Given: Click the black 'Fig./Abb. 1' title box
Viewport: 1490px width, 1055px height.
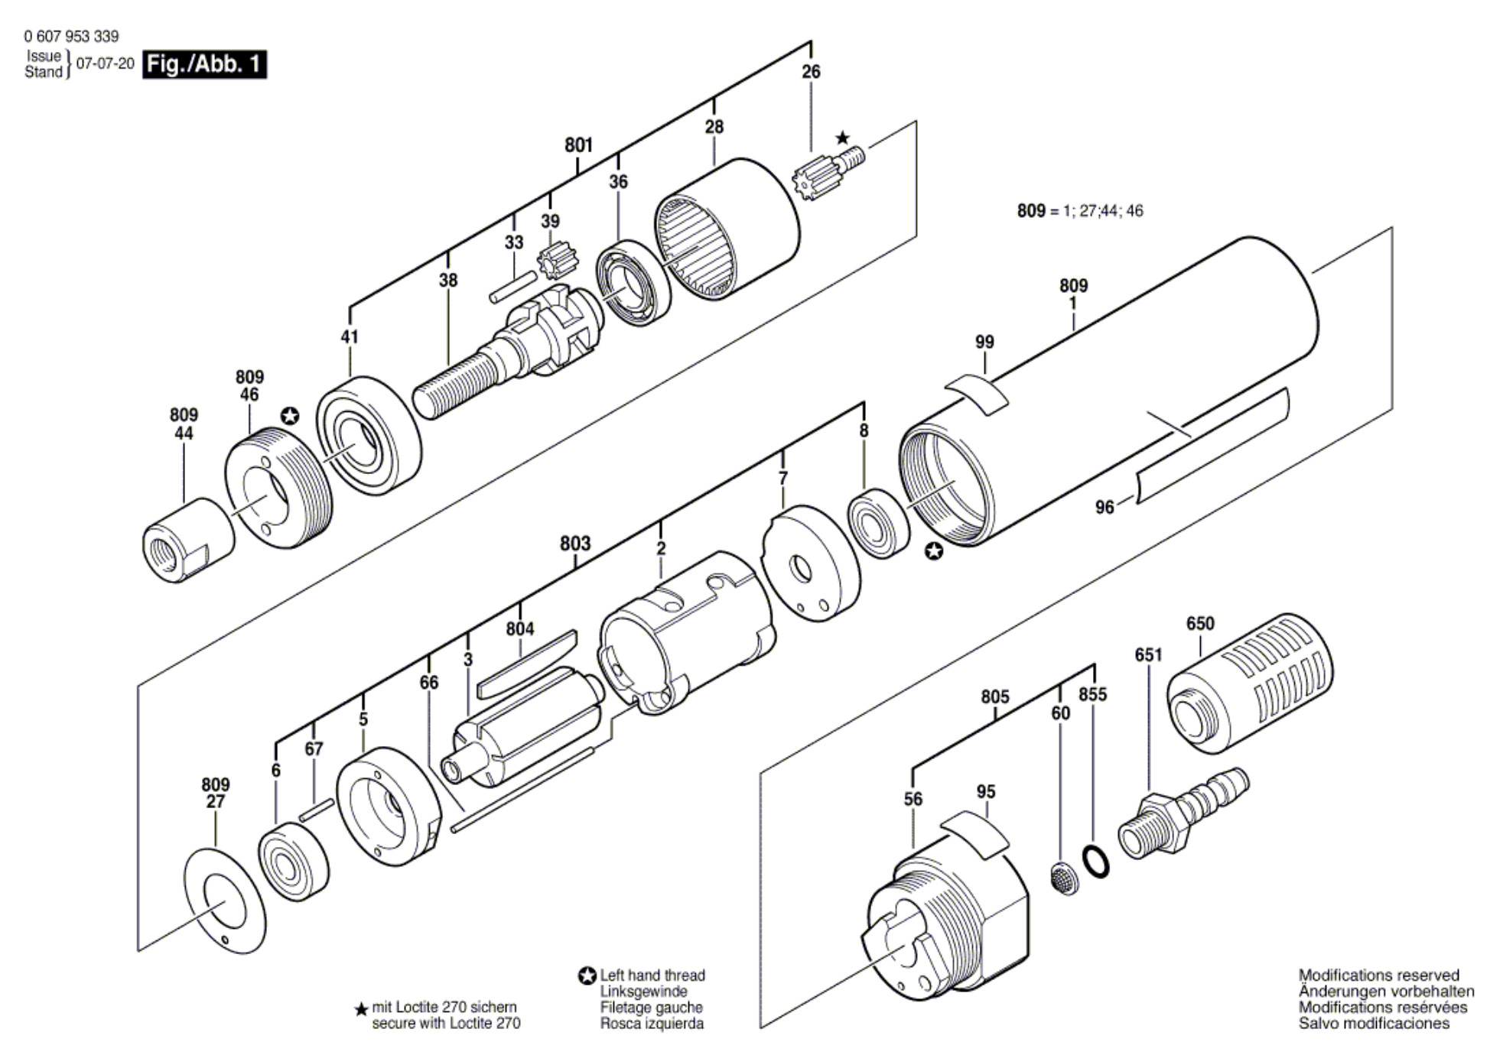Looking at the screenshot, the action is (x=204, y=63).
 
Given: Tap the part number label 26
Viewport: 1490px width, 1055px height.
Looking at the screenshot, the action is (x=811, y=72).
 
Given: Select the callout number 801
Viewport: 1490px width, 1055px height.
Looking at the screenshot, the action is (x=578, y=145).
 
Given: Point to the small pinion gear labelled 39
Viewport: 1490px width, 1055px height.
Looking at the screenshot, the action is (x=557, y=260).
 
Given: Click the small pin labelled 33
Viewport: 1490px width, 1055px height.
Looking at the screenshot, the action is (x=513, y=287).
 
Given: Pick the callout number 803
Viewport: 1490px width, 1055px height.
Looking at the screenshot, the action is (x=575, y=544).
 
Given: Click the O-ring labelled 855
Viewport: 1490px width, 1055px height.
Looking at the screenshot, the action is (x=1097, y=862).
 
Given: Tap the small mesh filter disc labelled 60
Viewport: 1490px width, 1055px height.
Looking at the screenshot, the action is (x=1063, y=879).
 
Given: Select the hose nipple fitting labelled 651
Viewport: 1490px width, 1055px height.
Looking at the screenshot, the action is (x=1183, y=814).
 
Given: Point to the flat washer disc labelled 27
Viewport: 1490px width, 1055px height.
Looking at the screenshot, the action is (x=225, y=901).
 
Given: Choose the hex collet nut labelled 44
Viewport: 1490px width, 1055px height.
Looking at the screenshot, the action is (x=188, y=540).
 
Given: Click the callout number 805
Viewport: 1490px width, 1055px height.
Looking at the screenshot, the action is (x=994, y=697).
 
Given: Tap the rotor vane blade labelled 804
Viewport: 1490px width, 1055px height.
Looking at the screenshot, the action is (x=528, y=664).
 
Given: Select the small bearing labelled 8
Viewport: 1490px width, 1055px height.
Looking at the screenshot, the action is (x=880, y=523).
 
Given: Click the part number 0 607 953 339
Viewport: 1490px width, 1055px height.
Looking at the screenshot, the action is (x=71, y=36).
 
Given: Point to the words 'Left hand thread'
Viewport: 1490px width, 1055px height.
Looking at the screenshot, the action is (x=652, y=975).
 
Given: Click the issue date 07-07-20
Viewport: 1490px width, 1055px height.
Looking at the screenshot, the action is (x=105, y=63).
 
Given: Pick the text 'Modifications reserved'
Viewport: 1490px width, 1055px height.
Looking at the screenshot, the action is (x=1379, y=975).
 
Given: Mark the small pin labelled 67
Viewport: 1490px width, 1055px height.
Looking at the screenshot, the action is (x=317, y=810).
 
